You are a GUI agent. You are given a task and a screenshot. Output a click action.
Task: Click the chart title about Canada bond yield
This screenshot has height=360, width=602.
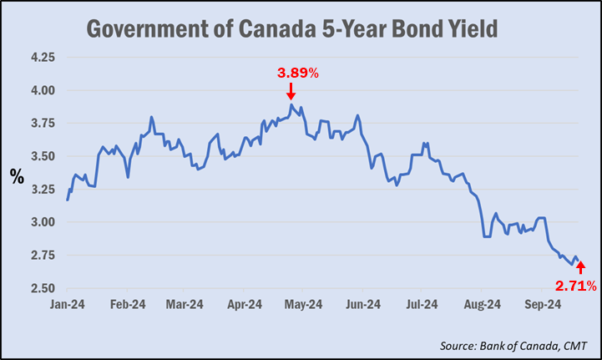pyautogui.click(x=293, y=30)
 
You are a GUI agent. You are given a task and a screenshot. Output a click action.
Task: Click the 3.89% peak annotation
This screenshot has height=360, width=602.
pyautogui.click(x=298, y=73)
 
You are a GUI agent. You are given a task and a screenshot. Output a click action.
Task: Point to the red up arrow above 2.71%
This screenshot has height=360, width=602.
pyautogui.click(x=581, y=267)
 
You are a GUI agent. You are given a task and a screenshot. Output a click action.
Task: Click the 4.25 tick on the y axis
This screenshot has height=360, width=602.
pyautogui.click(x=42, y=58)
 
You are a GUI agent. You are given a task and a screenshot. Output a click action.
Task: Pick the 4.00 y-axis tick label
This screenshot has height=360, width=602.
pyautogui.click(x=42, y=90)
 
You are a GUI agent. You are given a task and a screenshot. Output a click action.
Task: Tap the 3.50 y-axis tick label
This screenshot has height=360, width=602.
pyautogui.click(x=42, y=156)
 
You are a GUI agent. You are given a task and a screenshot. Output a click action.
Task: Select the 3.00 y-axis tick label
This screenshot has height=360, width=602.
pyautogui.click(x=42, y=222)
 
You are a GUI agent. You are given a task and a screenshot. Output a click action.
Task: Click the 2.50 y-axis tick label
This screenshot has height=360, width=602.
pyautogui.click(x=42, y=288)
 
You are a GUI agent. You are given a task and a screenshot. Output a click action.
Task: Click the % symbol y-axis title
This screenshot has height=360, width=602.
pyautogui.click(x=16, y=176)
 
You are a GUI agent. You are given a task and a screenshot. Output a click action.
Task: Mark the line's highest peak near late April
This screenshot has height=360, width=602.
pyautogui.click(x=291, y=104)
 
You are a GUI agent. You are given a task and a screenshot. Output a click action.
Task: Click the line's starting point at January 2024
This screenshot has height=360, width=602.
pyautogui.click(x=67, y=200)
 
